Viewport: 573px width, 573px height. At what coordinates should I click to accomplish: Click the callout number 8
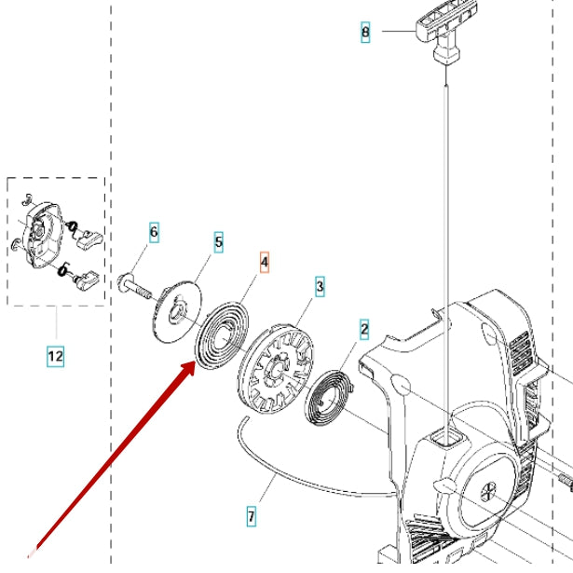coord(365,33)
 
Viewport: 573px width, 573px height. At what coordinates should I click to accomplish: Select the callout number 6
coord(154,230)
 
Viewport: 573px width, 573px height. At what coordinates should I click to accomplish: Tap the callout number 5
coord(219,242)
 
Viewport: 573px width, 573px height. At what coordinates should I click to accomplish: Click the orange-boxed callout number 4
coord(264,264)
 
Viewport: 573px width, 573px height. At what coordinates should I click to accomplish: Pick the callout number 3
coord(320,287)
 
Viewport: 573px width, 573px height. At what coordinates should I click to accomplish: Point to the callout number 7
coord(251,514)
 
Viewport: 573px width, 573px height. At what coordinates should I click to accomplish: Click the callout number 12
coord(55,355)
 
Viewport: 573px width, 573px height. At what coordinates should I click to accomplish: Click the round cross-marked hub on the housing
coord(489,488)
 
